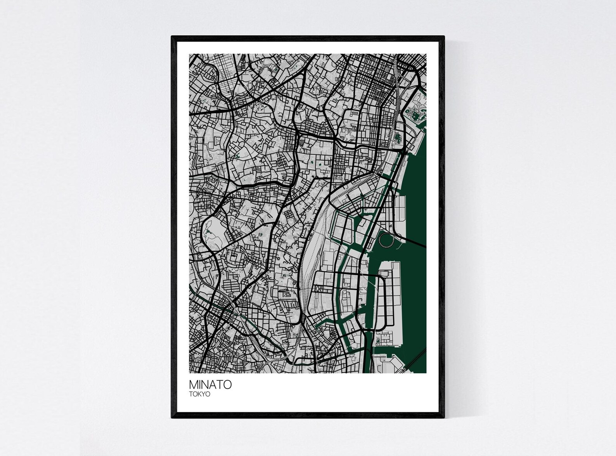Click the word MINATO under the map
click(210, 385)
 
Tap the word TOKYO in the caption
click(200, 394)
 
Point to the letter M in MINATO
click(193, 385)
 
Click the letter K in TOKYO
click(200, 394)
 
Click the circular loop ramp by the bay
click(386, 239)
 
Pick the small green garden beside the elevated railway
click(397, 138)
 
